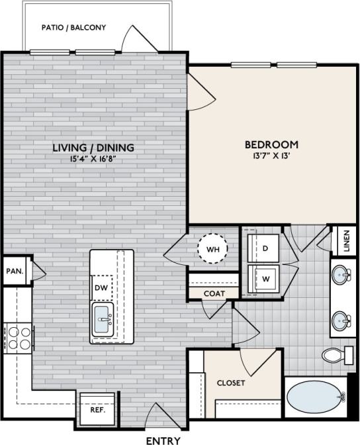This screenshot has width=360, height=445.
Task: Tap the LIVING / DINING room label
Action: [94, 148]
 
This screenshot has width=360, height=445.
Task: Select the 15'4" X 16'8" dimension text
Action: [94, 158]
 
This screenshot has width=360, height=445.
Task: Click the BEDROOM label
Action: [271, 144]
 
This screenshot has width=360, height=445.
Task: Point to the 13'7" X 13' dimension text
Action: [271, 156]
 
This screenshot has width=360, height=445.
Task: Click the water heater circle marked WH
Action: [212, 250]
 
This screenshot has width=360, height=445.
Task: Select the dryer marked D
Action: [264, 248]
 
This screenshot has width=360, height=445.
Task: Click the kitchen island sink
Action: [103, 320]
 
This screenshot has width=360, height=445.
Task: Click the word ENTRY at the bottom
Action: [161, 440]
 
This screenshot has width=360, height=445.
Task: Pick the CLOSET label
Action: [231, 383]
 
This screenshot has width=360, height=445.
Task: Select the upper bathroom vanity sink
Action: [341, 274]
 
